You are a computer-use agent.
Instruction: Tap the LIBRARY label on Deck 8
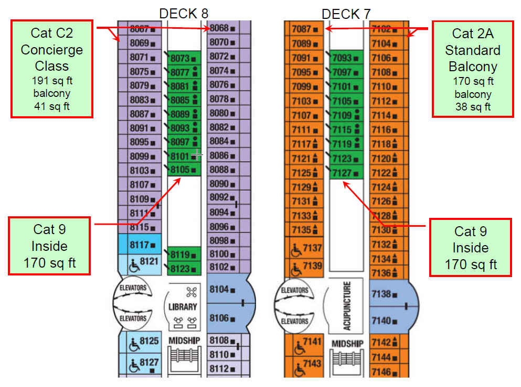click(x=183, y=307)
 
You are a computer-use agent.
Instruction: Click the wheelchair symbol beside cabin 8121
click(x=135, y=266)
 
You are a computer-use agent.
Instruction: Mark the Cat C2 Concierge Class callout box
click(x=52, y=69)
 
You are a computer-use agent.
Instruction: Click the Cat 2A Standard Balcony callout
click(x=472, y=69)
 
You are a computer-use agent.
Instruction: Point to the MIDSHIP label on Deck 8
click(x=184, y=341)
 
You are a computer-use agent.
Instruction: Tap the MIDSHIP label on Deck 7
click(x=347, y=344)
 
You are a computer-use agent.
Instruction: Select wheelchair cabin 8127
click(x=143, y=362)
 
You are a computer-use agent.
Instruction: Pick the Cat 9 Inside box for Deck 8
click(x=50, y=246)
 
